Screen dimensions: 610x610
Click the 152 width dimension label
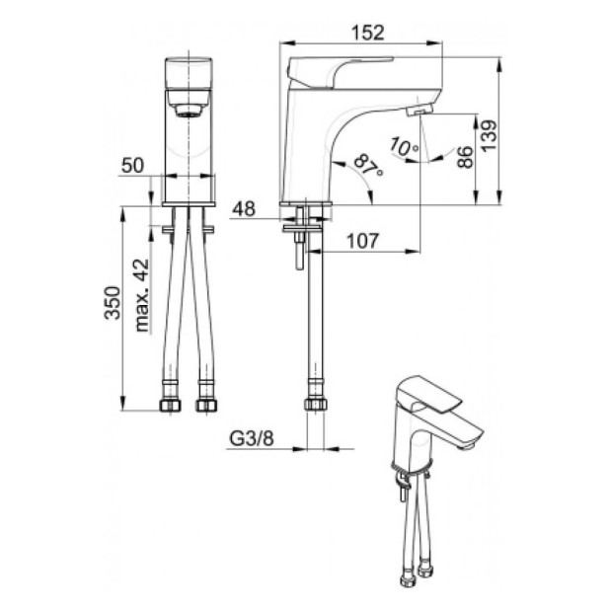click(367, 33)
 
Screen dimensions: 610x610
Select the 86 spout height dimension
click(465, 157)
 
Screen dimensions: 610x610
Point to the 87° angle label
click(368, 165)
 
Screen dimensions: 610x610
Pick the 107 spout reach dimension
click(362, 241)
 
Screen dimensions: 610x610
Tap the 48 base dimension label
click(244, 209)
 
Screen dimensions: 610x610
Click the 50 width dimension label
click(132, 166)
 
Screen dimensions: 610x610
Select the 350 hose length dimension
click(113, 303)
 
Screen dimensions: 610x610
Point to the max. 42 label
click(141, 295)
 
